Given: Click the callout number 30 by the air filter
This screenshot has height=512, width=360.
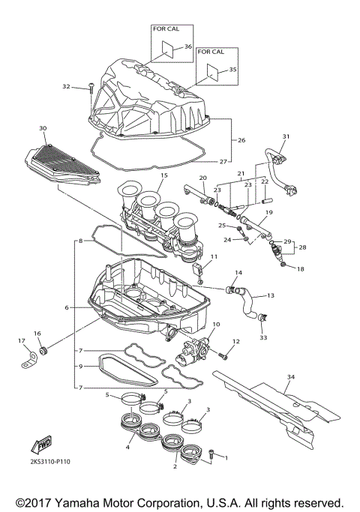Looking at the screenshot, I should tap(43, 128).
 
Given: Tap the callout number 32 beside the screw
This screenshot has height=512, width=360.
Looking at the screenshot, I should tap(66, 87).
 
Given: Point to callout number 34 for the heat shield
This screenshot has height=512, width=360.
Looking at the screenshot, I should tap(291, 377).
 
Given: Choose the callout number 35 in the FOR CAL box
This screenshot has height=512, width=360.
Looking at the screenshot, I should tap(232, 69).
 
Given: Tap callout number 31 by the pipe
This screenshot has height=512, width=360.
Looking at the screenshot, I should tap(285, 136).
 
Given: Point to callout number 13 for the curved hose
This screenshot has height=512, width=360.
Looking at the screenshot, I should tap(271, 295).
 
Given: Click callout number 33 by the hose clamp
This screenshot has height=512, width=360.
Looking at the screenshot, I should tap(263, 338).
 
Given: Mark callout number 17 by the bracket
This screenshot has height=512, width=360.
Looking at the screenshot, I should tap(21, 342).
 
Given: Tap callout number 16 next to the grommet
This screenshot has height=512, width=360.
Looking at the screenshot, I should tap(36, 333).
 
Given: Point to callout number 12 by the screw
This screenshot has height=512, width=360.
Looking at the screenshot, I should tap(235, 342).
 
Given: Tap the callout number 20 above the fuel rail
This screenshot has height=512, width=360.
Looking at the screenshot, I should tap(202, 178).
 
